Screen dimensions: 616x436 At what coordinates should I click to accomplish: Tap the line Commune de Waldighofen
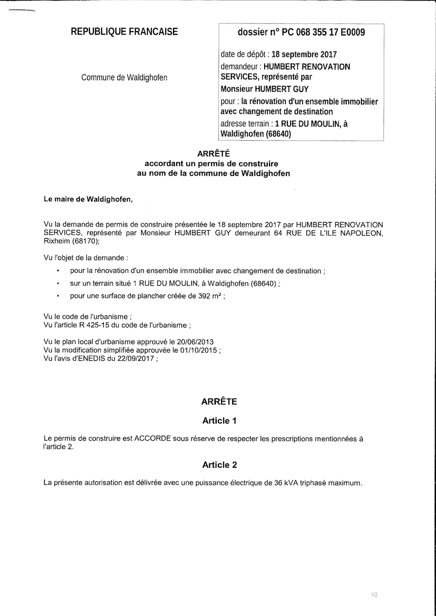[124, 78]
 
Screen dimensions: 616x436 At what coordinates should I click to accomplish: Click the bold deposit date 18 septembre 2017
[304, 55]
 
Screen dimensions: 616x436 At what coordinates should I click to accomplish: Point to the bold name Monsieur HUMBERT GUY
[265, 89]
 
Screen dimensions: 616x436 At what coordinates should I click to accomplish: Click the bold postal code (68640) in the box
[277, 134]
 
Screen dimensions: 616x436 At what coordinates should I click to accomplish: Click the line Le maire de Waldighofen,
[88, 200]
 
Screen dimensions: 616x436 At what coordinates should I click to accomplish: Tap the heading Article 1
[219, 421]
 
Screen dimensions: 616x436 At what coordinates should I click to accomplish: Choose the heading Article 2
[219, 465]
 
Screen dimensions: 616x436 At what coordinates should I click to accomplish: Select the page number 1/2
[374, 594]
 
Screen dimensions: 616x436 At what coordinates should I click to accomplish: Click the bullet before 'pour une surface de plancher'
[58, 297]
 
